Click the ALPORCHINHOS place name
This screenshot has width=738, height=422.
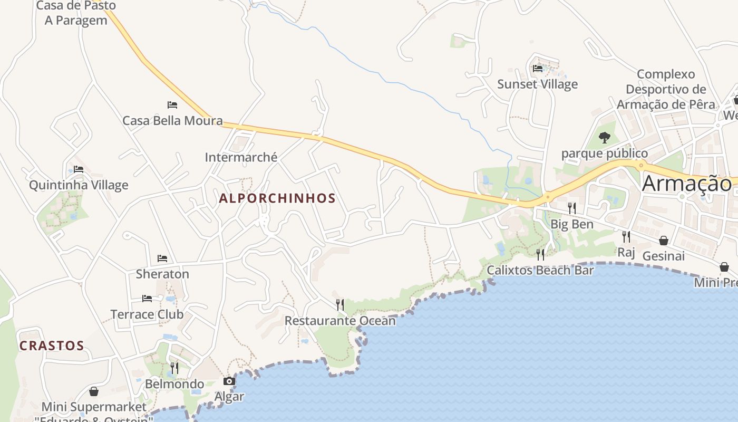point(277,198)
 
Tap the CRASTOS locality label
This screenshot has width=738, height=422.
point(52,346)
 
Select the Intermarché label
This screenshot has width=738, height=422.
point(241,157)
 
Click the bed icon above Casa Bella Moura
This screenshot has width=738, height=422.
point(172,105)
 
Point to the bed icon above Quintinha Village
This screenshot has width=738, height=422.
point(79,169)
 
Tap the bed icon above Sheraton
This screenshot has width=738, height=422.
point(162,258)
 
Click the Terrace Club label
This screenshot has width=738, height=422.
point(147,314)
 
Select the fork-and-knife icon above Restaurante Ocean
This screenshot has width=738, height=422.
point(340,304)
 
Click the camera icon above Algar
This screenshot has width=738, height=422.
point(229,381)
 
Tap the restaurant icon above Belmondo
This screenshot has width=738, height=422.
point(174,368)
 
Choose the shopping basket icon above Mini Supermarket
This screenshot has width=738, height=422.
point(94,391)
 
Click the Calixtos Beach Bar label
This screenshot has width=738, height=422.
point(540,271)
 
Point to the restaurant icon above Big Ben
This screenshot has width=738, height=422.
point(572,208)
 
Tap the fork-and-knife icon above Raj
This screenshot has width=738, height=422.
point(626,236)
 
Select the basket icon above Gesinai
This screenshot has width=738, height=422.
point(664,241)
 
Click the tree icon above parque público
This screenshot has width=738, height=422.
point(605,138)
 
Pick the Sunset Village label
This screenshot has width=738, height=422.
point(538,84)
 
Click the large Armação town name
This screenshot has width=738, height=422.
point(687,184)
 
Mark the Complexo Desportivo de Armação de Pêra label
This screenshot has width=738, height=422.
point(666,89)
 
